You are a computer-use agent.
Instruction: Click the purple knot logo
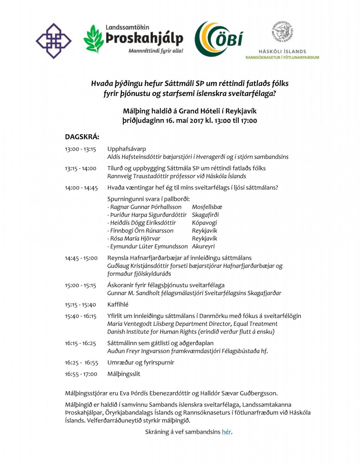(54, 41)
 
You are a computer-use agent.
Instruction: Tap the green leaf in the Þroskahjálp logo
(94, 39)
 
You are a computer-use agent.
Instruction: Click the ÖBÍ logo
(218, 39)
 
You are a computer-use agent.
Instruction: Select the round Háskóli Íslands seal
(282, 33)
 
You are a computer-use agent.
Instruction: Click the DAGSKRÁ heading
(82, 137)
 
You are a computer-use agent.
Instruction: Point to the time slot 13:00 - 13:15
(81, 149)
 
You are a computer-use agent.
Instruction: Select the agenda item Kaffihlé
(118, 304)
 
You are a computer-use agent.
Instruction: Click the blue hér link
(226, 432)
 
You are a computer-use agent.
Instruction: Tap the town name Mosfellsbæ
(207, 207)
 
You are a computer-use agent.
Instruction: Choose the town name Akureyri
(203, 246)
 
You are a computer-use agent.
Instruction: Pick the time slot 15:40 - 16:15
(81, 316)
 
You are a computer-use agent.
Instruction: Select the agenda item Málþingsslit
(124, 374)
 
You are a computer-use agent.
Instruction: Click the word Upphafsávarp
(127, 149)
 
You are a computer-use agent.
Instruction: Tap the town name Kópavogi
(204, 223)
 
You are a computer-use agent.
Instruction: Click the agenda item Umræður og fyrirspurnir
(141, 362)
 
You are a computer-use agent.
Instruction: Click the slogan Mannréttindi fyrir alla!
(156, 51)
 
